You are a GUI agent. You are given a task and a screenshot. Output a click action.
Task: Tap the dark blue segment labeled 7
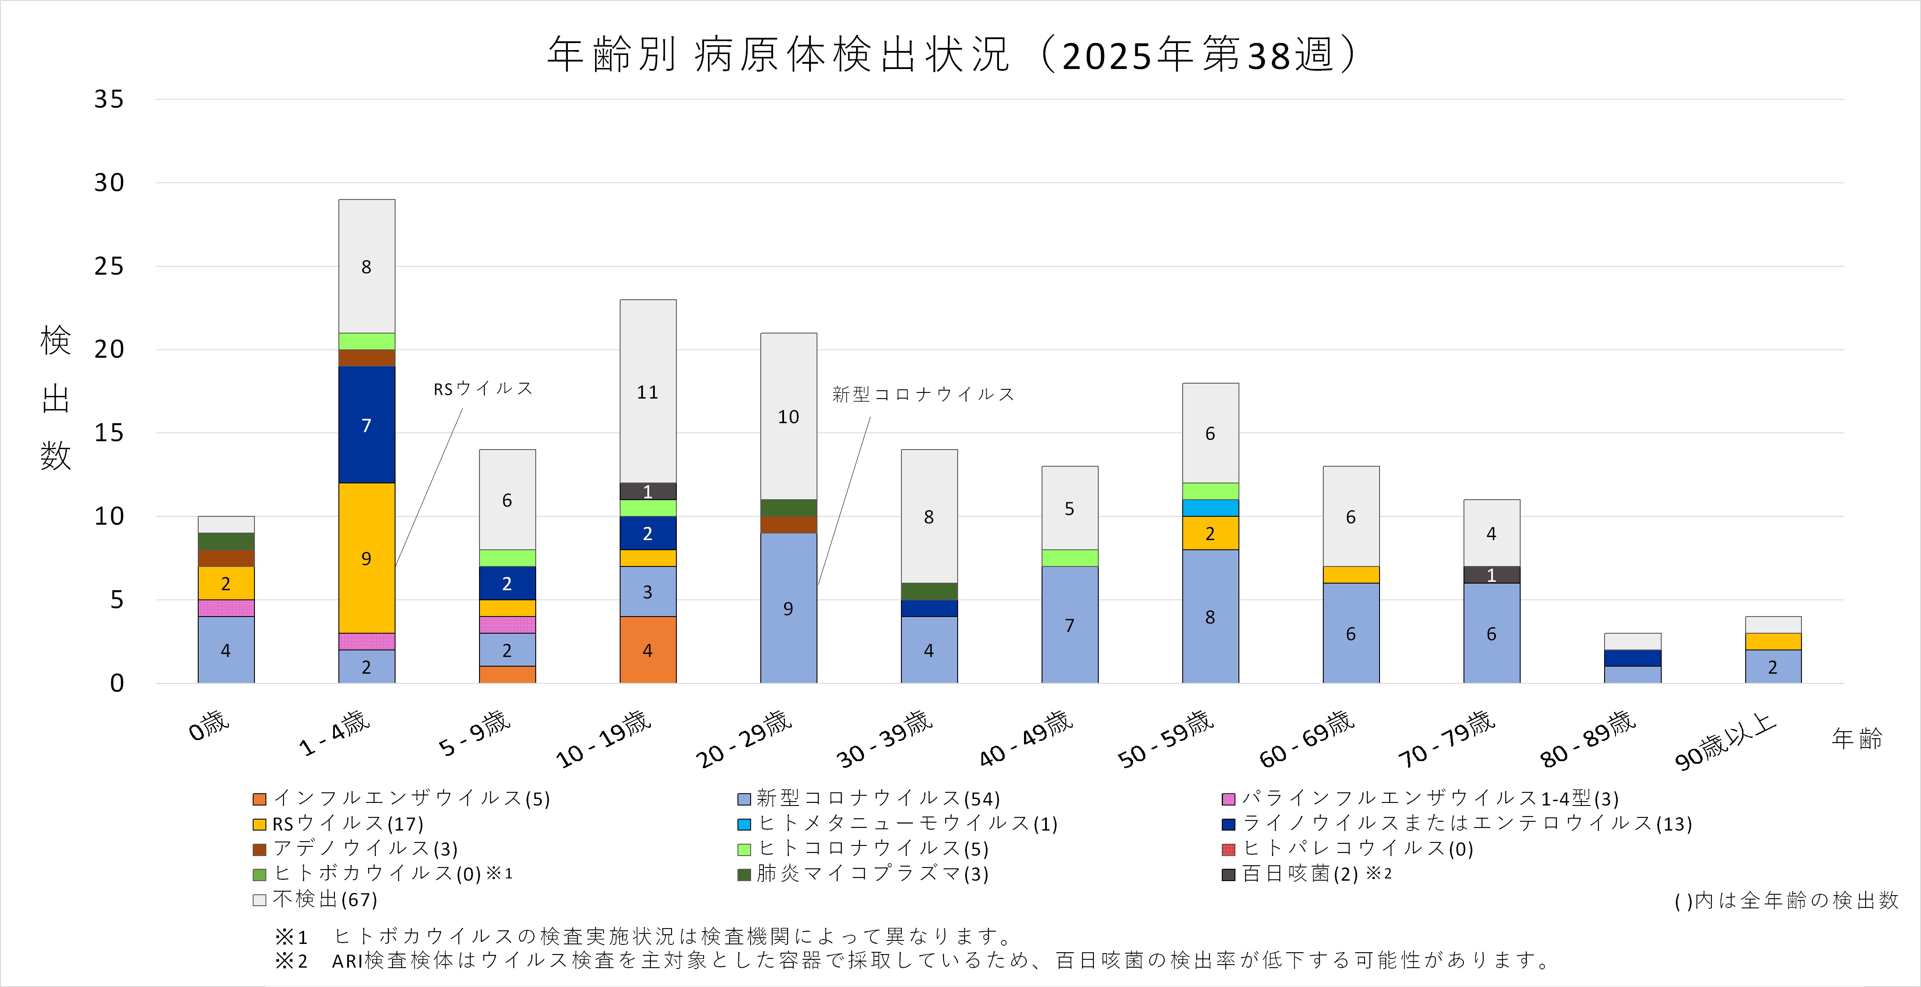point(366,425)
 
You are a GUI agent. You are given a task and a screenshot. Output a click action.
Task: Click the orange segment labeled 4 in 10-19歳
point(647,650)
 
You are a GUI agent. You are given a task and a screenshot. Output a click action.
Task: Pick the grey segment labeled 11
point(647,392)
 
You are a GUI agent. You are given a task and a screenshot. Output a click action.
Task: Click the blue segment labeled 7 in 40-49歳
point(1069,625)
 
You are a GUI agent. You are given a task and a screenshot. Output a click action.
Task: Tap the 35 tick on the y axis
point(109,99)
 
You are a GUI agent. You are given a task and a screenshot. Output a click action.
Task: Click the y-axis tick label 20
point(109,349)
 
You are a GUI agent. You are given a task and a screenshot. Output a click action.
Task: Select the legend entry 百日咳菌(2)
point(1299,874)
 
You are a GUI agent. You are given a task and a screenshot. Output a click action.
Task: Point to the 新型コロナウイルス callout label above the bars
point(923,394)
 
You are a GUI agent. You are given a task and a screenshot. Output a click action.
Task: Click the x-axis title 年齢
point(1856,739)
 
